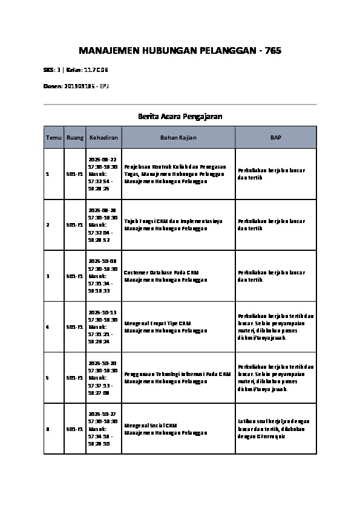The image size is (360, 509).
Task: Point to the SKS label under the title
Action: coord(48,70)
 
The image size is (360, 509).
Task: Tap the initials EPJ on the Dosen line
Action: coord(104,86)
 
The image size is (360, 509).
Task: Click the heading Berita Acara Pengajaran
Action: coord(180,115)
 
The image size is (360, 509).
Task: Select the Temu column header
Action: coord(53,138)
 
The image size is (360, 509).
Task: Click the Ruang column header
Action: coord(75,138)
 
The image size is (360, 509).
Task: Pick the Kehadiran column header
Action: coord(103,138)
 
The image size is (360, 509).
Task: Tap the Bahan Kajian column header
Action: coord(178,138)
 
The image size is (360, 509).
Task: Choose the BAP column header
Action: coord(275,138)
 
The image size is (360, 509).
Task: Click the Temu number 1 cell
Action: coord(48,174)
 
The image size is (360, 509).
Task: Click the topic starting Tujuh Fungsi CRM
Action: coord(173,221)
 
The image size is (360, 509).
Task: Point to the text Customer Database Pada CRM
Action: coord(162,273)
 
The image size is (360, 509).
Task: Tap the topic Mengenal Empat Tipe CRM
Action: coord(158,323)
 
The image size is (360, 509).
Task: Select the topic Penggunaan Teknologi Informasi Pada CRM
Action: coord(177,374)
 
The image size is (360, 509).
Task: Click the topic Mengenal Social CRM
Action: coord(151,426)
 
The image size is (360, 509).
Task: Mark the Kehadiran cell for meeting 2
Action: coord(103,225)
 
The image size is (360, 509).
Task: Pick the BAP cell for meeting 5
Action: coord(276,378)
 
